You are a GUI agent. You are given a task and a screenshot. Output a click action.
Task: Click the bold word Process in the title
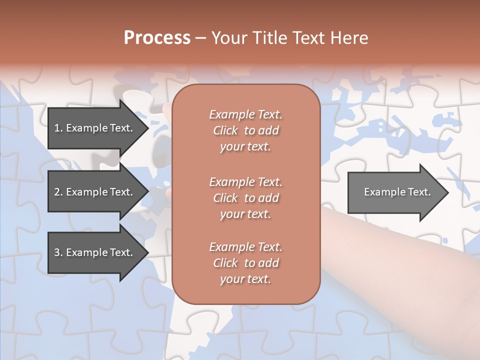point(157,38)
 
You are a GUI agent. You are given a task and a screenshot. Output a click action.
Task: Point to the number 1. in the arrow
point(58,128)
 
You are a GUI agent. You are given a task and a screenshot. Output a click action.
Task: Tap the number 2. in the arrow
point(58,192)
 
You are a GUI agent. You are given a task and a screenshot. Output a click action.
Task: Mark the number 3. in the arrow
point(58,252)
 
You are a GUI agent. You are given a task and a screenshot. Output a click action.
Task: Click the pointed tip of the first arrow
point(147,128)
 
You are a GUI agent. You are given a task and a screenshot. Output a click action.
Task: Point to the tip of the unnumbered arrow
point(447,192)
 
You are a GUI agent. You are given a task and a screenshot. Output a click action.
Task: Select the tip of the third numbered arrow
point(147,252)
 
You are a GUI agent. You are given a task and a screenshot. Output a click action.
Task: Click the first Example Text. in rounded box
point(245,114)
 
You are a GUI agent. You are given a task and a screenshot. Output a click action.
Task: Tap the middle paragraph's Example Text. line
point(245,181)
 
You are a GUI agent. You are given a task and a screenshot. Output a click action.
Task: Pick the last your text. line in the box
point(245,279)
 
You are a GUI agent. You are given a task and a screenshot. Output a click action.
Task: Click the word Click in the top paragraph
point(225,130)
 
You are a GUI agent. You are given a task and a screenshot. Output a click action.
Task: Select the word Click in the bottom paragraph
point(225,263)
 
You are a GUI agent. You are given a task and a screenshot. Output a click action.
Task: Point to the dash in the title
point(201,38)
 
